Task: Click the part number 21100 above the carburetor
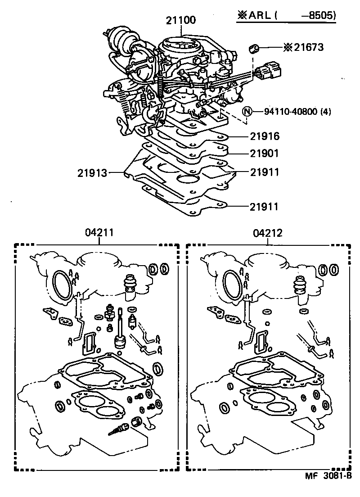(180, 20)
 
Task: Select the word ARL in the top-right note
(259, 15)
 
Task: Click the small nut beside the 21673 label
(255, 47)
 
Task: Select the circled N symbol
(247, 112)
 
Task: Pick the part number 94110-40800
(283, 112)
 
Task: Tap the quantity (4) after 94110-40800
(324, 112)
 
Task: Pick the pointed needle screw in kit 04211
(117, 429)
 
